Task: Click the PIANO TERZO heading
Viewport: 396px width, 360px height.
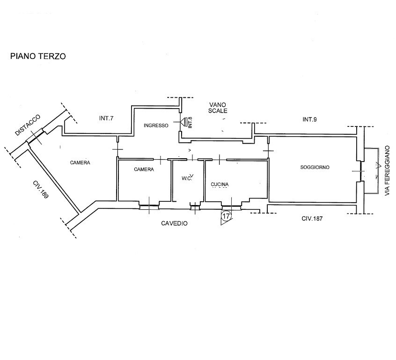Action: (38, 56)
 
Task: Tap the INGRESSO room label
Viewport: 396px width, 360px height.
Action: (156, 125)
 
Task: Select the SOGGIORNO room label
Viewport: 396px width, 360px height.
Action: (315, 167)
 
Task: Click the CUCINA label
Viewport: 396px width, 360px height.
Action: (220, 184)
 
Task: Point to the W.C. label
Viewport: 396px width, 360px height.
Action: (186, 178)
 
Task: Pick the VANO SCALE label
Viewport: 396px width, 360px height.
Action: (218, 108)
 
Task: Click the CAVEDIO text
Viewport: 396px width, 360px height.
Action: (174, 223)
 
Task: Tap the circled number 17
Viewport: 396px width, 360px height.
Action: (226, 216)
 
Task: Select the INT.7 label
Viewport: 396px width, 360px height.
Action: (106, 118)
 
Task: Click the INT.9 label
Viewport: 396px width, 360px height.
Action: (309, 119)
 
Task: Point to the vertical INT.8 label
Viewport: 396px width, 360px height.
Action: (190, 122)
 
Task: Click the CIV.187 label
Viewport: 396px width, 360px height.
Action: (312, 219)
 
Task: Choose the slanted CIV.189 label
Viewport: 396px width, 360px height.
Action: (40, 190)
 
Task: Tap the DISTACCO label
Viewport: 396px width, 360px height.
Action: (28, 125)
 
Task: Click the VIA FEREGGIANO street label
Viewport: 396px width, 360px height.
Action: (387, 170)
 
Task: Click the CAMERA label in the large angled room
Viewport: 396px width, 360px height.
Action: (80, 163)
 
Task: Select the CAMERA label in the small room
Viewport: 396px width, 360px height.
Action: (144, 169)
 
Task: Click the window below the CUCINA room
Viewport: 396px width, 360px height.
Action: (231, 208)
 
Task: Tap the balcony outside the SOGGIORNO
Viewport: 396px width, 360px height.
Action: (371, 171)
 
